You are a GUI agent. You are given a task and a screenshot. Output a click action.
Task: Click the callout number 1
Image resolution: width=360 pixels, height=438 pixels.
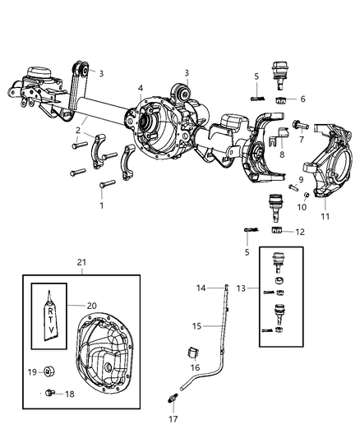[x=101, y=205]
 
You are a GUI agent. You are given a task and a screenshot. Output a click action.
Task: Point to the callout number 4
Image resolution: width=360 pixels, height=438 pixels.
[x=141, y=88]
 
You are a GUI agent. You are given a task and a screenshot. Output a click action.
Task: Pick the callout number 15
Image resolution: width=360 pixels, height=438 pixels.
[x=197, y=326]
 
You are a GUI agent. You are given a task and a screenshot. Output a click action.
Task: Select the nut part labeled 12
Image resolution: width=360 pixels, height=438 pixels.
[x=276, y=233]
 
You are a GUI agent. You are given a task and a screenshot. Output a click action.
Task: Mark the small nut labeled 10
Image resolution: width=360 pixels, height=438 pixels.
[x=306, y=194]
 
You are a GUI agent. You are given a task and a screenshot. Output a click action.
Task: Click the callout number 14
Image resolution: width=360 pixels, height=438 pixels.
[x=201, y=287]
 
